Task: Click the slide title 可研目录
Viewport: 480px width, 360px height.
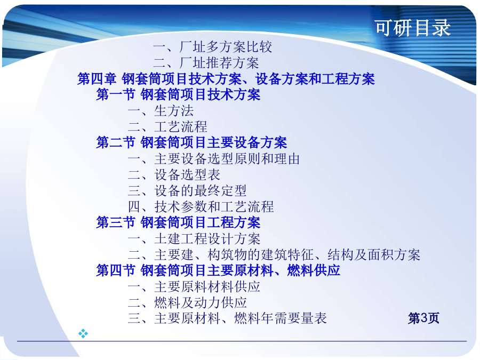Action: (413, 28)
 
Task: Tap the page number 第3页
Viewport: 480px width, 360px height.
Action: (423, 318)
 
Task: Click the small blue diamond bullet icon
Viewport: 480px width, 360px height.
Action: (83, 333)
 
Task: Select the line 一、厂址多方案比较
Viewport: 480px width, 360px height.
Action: (212, 47)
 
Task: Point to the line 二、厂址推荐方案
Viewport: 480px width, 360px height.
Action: (206, 63)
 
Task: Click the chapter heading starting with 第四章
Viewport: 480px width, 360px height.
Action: (226, 79)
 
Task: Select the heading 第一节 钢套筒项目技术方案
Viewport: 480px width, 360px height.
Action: (178, 94)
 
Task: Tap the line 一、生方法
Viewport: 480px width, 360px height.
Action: (161, 111)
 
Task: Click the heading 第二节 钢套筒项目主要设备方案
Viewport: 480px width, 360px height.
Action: (191, 142)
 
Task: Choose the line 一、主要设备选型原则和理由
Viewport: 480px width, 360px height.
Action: (214, 159)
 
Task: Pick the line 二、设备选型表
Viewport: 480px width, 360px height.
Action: (174, 175)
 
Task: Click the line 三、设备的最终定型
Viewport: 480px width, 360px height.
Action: (187, 191)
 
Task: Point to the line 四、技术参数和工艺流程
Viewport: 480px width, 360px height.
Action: (201, 206)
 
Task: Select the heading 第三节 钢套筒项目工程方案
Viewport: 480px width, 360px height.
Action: (178, 222)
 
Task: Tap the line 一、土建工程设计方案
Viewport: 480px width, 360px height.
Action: (194, 239)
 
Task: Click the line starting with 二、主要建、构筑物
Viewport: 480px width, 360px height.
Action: (274, 255)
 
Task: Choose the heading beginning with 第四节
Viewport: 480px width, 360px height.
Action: (218, 270)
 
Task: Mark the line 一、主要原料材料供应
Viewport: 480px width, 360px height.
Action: (194, 287)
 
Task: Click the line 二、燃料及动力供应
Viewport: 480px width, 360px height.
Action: (187, 303)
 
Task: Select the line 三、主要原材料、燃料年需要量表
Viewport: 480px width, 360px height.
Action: (227, 318)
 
